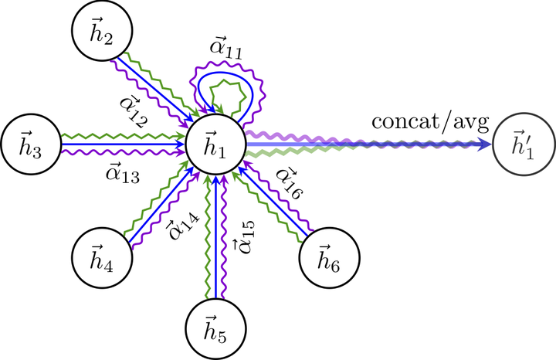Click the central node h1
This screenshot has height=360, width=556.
(x=215, y=144)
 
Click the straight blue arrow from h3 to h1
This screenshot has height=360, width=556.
(x=124, y=144)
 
